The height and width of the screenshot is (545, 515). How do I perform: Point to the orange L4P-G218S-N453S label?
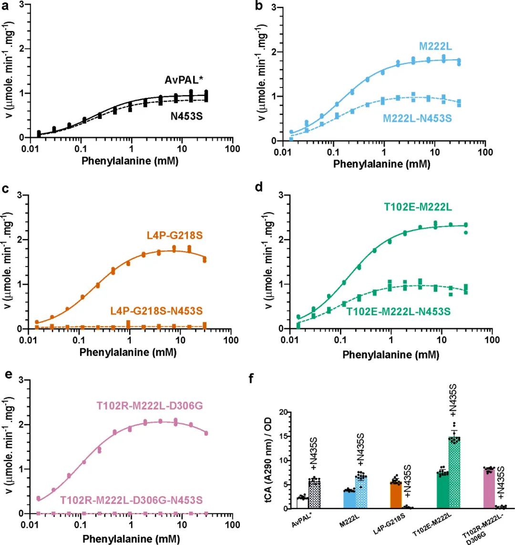156,311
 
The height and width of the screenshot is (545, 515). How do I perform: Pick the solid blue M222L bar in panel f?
351,500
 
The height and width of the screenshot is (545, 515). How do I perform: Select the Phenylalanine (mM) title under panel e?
130,539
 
